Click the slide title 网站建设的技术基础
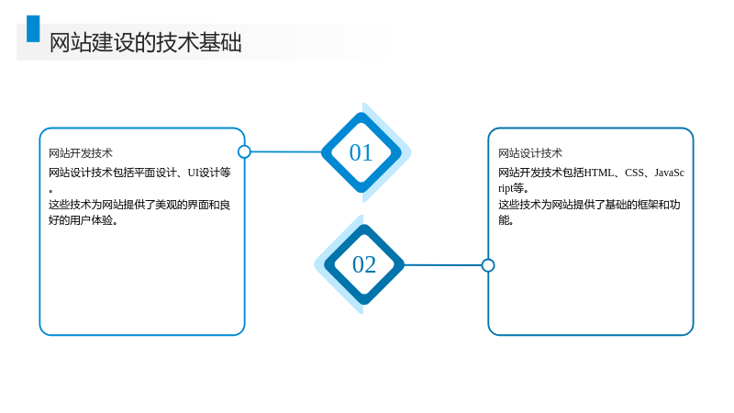(146, 42)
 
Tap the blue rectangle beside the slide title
(33, 28)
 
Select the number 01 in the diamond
(361, 152)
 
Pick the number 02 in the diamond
(363, 264)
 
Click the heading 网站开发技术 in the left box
(81, 153)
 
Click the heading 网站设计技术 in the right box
(530, 153)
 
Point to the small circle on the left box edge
(244, 151)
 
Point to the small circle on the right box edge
(488, 265)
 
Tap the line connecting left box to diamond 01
(286, 151)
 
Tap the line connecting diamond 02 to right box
(443, 265)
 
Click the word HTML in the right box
(599, 173)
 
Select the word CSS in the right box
(634, 173)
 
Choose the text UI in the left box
(194, 173)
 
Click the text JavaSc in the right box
(670, 173)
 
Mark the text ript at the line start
(506, 188)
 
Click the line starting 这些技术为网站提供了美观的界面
(139, 205)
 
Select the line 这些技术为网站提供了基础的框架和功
(589, 205)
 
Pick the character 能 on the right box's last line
(503, 220)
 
